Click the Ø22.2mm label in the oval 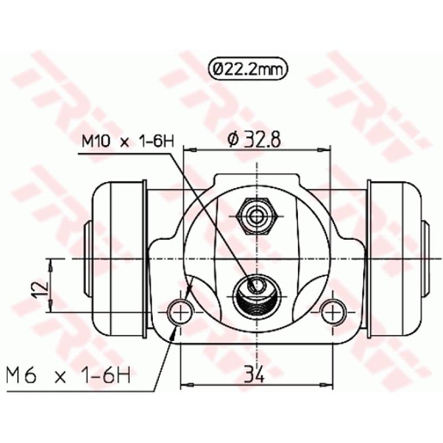249,70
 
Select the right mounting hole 332,312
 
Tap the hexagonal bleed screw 256,214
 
